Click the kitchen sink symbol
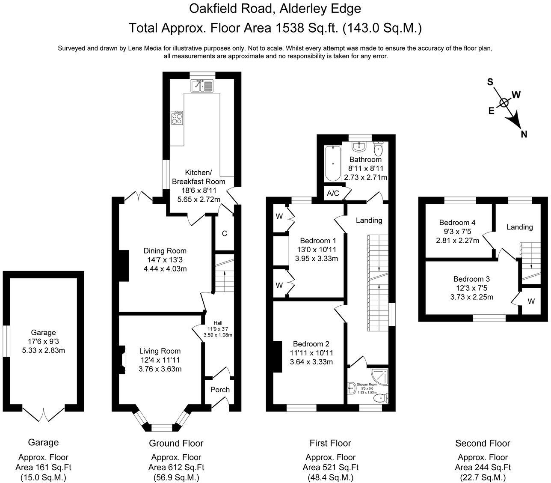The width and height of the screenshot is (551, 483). pos(202,86)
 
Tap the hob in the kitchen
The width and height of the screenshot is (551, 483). pos(177,118)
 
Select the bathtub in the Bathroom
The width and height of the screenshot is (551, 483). pos(333,163)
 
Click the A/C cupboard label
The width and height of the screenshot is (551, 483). pos(333,193)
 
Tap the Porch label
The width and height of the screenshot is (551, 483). pos(220,390)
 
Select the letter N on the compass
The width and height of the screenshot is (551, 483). pos(524,134)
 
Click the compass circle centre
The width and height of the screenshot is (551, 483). pos(504,102)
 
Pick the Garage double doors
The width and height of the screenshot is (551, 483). pos(43,414)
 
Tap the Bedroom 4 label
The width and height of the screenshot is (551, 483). pos(457,222)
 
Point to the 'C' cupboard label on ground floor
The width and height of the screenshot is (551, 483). pos(224,233)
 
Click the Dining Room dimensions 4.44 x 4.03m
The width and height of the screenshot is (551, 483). pos(165,269)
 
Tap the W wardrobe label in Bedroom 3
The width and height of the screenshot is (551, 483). pos(531,301)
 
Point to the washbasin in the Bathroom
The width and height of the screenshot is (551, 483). pos(358,146)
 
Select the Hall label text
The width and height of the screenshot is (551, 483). pos(218,323)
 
